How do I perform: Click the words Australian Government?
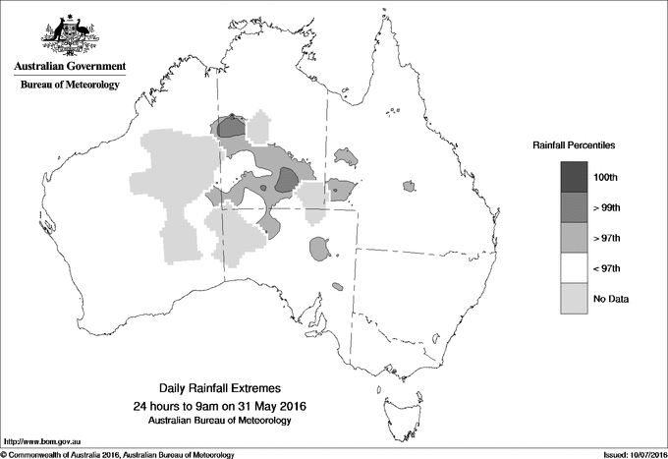(70, 67)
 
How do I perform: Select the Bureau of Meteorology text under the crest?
(70, 86)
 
